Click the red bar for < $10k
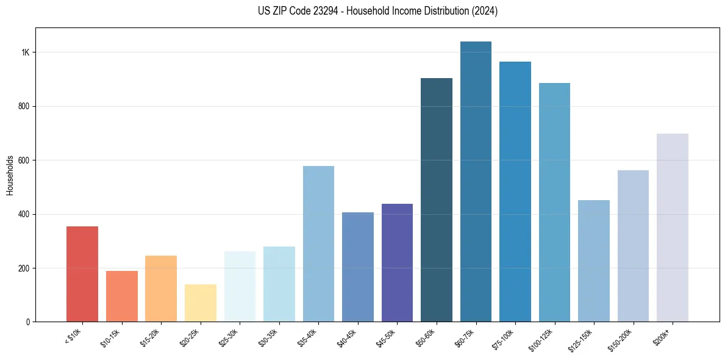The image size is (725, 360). (82, 274)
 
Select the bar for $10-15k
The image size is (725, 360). (121, 296)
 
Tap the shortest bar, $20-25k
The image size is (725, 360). (200, 303)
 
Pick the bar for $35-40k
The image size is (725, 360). (318, 243)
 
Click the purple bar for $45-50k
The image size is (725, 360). (397, 262)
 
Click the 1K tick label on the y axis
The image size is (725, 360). (25, 52)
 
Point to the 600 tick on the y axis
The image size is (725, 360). (24, 160)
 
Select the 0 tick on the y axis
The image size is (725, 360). (27, 322)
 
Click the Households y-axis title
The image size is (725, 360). (10, 175)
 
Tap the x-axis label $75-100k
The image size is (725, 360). (504, 337)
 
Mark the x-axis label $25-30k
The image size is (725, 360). (228, 337)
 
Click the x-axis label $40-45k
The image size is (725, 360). (346, 337)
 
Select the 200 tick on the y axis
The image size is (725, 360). (24, 268)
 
